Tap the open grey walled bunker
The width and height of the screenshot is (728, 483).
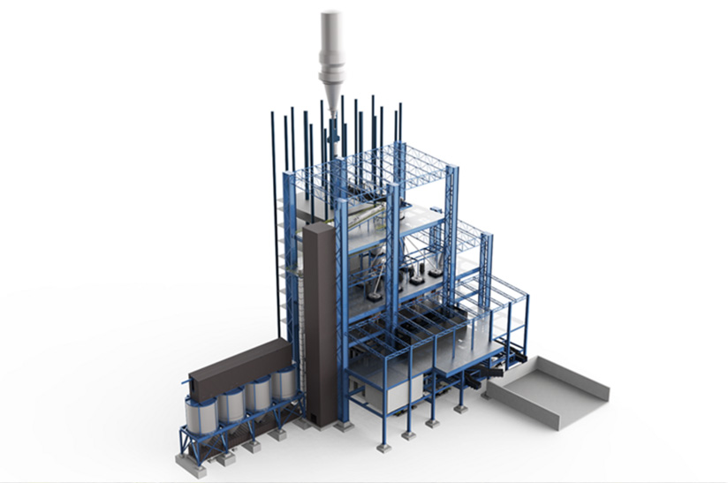click(548, 390)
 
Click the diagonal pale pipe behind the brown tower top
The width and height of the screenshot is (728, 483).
click(362, 216)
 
